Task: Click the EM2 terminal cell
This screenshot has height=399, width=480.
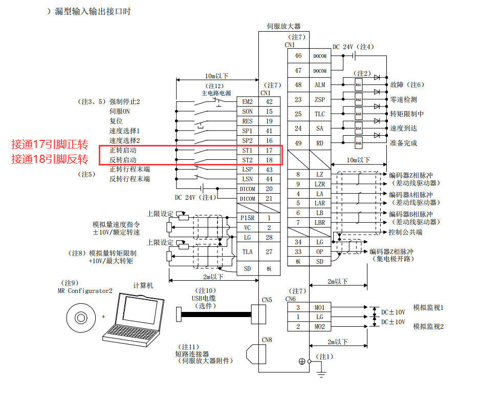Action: tap(247, 102)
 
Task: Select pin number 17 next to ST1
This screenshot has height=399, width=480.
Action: tap(269, 151)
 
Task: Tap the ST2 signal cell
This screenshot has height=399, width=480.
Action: tap(247, 160)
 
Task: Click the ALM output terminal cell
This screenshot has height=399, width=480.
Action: tap(320, 85)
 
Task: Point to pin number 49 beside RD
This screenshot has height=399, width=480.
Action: tap(298, 143)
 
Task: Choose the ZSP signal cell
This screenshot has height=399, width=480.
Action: tap(320, 99)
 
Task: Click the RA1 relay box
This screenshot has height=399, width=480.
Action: tap(358, 85)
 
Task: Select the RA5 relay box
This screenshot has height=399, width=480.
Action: tap(358, 143)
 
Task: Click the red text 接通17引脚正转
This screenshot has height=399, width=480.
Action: tap(50, 145)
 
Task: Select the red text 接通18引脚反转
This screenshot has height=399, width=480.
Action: tap(50, 159)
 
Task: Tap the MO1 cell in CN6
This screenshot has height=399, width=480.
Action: tap(320, 307)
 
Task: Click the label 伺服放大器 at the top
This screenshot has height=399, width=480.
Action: tap(283, 26)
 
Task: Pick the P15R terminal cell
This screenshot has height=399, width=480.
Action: tap(247, 218)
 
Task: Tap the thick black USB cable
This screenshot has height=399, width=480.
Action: tap(215, 313)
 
